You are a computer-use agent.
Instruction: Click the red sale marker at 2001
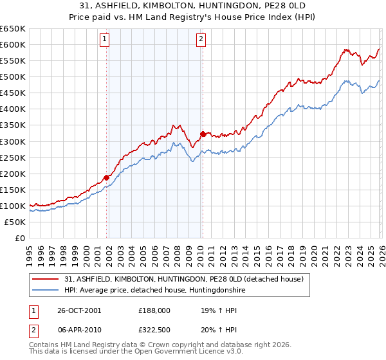tap(106, 177)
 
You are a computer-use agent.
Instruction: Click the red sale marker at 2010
tap(203, 134)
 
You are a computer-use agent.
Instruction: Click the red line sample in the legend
tap(46, 279)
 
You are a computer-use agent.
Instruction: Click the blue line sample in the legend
tap(46, 290)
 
